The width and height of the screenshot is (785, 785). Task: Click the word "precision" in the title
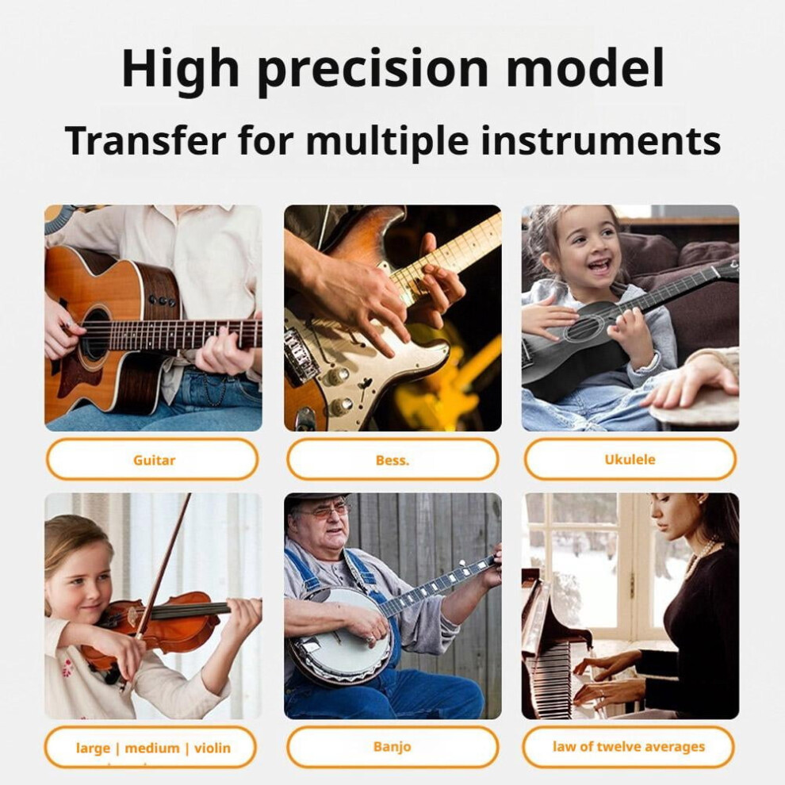tap(373, 69)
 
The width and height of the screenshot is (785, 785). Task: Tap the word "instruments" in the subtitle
tap(600, 140)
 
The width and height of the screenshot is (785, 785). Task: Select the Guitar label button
tap(152, 460)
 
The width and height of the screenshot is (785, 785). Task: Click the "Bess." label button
tap(392, 460)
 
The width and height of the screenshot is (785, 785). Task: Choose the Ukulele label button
tap(630, 459)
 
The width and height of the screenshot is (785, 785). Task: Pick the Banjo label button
tap(392, 746)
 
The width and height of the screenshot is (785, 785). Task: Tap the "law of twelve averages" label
tap(629, 746)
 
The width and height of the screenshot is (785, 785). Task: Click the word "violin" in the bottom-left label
tap(213, 748)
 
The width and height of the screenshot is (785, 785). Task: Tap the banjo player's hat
tap(319, 500)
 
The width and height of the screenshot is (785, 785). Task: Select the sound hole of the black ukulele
tap(582, 331)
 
